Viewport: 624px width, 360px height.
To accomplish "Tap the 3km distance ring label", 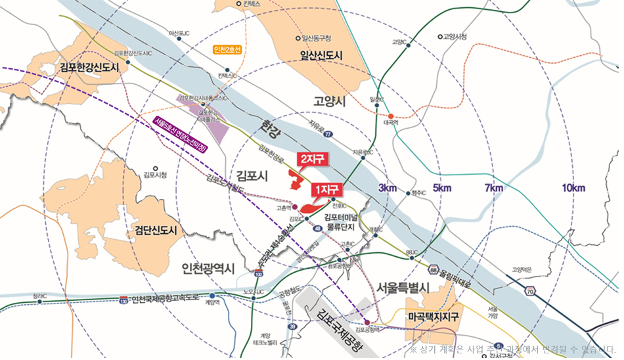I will click(388, 189).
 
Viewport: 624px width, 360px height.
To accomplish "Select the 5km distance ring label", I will click(443, 189).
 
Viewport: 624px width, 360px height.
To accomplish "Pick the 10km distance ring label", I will click(573, 189).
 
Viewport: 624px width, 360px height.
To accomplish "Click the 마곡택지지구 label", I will click(433, 317).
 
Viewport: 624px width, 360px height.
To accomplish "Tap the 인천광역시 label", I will click(208, 268).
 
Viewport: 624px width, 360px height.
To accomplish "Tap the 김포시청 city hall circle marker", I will click(156, 168).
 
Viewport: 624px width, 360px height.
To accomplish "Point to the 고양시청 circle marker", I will click(440, 37).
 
